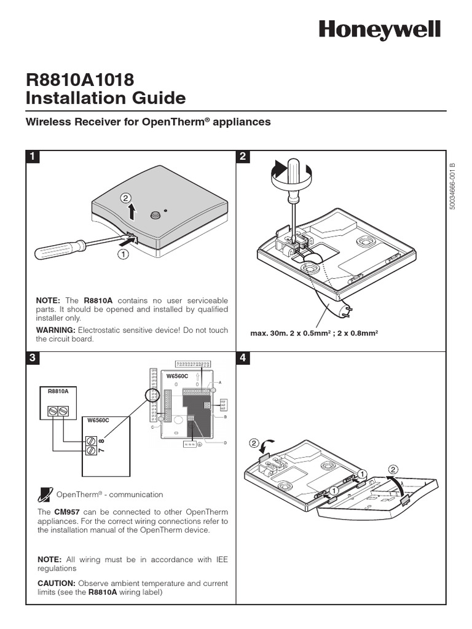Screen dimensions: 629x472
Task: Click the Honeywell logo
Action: click(379, 29)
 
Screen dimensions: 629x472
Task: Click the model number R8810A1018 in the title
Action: click(80, 79)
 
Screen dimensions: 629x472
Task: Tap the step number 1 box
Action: click(32, 157)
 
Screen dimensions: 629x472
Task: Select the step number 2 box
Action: click(243, 157)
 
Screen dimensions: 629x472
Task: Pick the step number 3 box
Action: click(32, 357)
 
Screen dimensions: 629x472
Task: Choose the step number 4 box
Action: click(243, 357)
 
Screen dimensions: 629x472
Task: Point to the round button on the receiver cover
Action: click(155, 215)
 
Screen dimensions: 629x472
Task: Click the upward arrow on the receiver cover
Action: click(132, 211)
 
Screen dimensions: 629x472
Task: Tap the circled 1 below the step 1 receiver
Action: click(124, 253)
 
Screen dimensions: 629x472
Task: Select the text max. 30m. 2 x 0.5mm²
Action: click(289, 334)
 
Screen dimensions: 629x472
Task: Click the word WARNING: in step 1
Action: click(55, 330)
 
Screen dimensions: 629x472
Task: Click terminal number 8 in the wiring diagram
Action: click(101, 440)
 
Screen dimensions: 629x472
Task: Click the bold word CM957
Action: click(66, 512)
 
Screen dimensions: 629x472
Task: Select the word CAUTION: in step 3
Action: click(56, 583)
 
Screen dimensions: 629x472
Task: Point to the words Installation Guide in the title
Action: click(105, 98)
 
